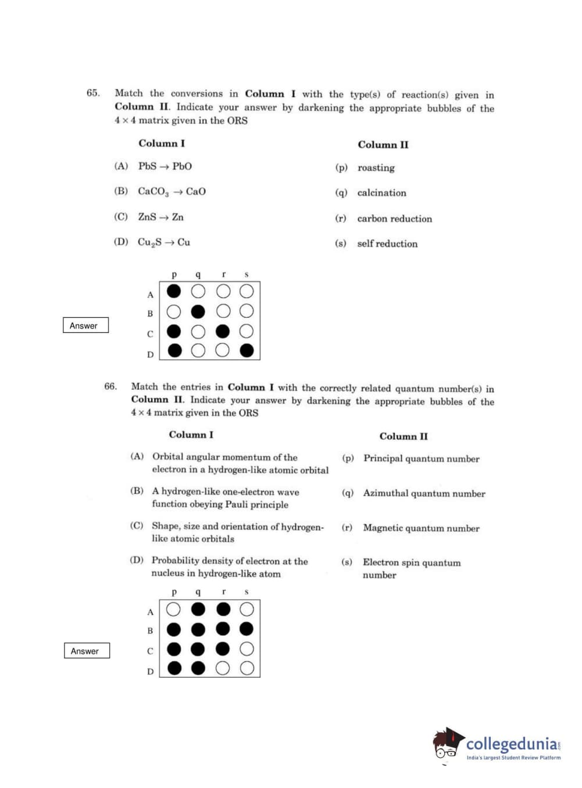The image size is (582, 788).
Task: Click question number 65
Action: click(93, 93)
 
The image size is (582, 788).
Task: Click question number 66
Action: click(110, 386)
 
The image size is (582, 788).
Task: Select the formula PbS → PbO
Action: click(165, 166)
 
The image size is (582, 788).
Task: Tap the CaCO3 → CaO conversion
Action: click(172, 191)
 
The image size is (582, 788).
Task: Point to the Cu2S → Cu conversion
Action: click(163, 242)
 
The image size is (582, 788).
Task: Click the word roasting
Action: click(376, 168)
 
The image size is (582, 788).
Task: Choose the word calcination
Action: click(381, 193)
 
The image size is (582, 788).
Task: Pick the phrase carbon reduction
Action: click(394, 219)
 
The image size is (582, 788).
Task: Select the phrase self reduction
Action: click(387, 243)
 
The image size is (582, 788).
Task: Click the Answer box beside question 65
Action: click(85, 325)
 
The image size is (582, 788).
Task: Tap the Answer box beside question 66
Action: click(87, 651)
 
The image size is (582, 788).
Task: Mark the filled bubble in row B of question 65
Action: click(198, 311)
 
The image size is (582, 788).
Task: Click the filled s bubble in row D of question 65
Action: click(247, 350)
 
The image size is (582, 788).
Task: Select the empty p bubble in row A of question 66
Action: click(173, 609)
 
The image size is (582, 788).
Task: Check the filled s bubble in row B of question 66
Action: click(247, 629)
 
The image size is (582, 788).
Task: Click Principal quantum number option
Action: click(421, 459)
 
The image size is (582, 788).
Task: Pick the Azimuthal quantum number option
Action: click(424, 493)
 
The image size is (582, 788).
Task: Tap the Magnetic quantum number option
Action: click(421, 528)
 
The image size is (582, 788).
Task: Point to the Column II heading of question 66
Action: click(403, 436)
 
